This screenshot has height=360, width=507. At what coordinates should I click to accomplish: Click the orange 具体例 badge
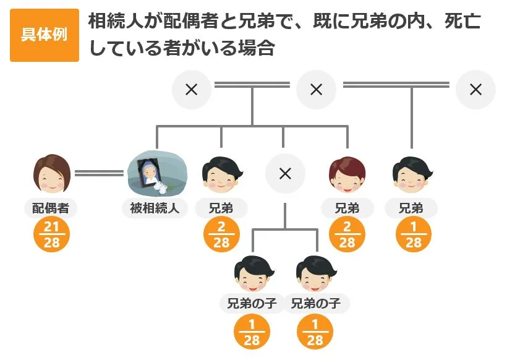(x=44, y=35)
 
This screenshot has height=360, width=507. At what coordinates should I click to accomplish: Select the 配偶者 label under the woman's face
(x=51, y=208)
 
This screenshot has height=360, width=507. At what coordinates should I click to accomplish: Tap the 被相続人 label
(x=154, y=208)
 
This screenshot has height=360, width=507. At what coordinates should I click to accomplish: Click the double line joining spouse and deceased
(x=100, y=173)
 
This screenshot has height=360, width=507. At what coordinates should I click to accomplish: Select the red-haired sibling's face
(x=347, y=174)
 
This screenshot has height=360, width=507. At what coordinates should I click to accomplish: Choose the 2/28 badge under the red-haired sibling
(x=347, y=235)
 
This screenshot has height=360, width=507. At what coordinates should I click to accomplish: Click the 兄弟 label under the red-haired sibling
(x=347, y=208)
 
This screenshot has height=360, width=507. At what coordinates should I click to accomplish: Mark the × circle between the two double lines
(x=316, y=90)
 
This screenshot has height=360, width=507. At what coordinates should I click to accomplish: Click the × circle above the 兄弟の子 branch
(x=285, y=174)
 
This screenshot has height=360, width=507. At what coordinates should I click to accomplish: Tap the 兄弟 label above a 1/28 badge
(x=411, y=208)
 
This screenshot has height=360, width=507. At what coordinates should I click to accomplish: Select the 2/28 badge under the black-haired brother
(x=221, y=235)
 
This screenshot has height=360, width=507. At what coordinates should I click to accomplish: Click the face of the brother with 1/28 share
(x=411, y=174)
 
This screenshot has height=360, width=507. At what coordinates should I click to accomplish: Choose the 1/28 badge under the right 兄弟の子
(x=315, y=332)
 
